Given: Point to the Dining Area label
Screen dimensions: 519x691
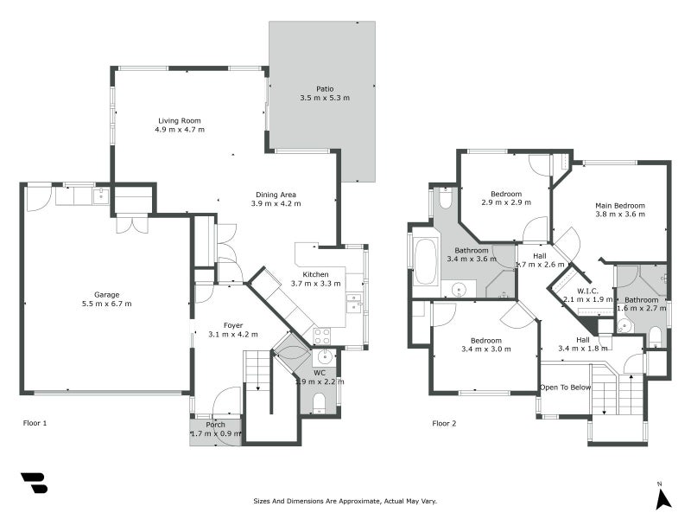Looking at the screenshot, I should coord(276,195).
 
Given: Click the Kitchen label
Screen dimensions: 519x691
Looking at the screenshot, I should coord(315,274).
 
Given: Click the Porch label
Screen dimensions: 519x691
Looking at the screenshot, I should coord(215,424).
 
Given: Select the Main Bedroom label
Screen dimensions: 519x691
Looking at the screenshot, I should coord(619,205).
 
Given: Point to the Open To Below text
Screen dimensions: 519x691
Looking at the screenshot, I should coord(566,387).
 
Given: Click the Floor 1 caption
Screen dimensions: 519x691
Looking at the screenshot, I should coord(35,424).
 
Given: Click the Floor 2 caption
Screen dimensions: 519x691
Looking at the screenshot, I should coord(445,424).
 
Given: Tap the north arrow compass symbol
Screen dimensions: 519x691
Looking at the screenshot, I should coord(662,497).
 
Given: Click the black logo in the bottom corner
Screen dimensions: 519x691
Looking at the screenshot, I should coord(34,483).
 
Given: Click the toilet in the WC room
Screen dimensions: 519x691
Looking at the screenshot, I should coord(319,400).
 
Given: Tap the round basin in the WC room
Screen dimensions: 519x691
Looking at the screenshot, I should coord(326,357).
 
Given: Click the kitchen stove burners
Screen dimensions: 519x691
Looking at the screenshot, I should coord(321,336).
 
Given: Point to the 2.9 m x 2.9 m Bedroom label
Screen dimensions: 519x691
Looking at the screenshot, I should coord(505,194).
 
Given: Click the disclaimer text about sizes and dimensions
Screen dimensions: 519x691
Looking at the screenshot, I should coord(345,501).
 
